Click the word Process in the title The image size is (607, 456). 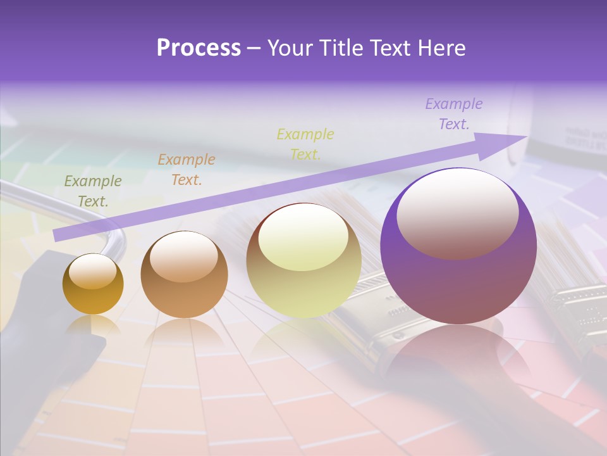199,48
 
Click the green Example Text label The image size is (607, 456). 92,191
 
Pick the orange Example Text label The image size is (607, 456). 186,170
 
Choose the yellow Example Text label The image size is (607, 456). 305,144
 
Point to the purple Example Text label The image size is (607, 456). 453,114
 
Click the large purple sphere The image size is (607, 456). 458,285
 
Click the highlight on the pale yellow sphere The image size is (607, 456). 303,237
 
